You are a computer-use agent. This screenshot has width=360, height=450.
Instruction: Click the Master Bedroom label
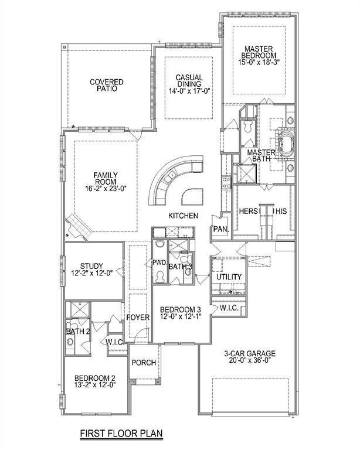point(259,52)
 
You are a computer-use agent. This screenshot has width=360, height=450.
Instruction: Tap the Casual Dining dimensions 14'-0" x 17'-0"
point(189,91)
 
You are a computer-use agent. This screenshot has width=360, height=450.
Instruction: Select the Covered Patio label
point(107,85)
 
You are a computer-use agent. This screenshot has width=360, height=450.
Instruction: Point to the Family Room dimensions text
point(106,189)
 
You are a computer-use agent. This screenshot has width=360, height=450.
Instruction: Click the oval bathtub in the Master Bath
point(286,144)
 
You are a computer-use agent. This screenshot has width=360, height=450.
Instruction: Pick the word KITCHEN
point(183,216)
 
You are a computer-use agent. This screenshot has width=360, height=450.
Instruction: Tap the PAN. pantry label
point(221,229)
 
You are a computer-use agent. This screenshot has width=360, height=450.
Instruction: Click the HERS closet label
point(249,211)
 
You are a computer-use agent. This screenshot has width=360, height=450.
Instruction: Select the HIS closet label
point(281,212)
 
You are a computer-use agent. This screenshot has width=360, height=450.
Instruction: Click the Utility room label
point(229,277)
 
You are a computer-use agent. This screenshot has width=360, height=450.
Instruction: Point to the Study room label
point(91,266)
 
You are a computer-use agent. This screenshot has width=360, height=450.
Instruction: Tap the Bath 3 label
point(180,267)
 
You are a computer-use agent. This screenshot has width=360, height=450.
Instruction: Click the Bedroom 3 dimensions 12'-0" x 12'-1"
point(181,316)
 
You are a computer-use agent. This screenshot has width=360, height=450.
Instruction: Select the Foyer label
point(138,318)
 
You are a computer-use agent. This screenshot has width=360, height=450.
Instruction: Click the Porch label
point(144,363)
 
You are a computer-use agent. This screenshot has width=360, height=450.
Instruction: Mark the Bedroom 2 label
point(95,379)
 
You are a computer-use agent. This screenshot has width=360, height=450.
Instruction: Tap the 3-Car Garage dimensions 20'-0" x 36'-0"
point(250,360)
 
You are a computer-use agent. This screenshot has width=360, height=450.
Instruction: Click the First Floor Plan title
point(121,433)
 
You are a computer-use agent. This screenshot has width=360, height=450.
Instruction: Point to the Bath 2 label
point(78,332)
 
